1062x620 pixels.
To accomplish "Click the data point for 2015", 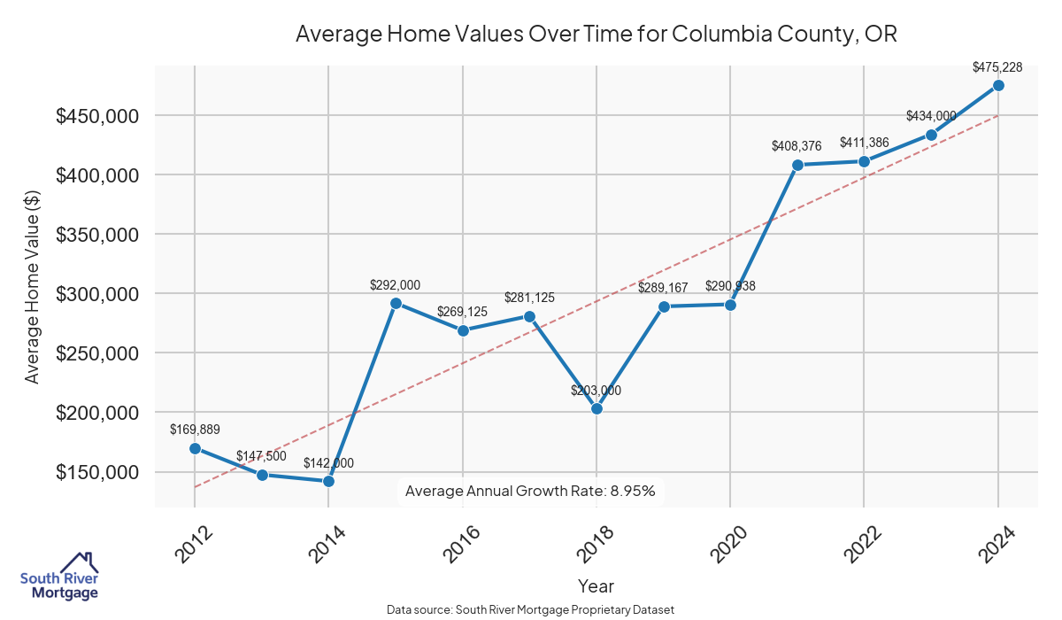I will pos(396,303).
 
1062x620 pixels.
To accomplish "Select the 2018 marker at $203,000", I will pos(596,408).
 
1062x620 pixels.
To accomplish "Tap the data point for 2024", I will pos(998,85).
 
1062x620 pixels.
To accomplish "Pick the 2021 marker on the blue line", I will pos(797,165).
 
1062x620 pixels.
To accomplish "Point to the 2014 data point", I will pos(328,481).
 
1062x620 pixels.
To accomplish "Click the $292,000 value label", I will pos(395,285).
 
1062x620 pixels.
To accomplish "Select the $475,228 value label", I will pos(997,66).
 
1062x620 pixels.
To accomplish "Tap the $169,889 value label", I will pos(195,430).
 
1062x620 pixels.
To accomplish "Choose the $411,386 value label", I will pos(864,143).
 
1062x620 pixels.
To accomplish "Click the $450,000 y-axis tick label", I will pos(97,116).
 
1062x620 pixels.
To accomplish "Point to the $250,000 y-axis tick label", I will pos(97,353).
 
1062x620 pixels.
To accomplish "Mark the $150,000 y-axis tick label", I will pos(97,472).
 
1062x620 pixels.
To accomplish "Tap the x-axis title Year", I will pos(596,585).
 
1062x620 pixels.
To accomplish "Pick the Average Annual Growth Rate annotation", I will pos(530,491).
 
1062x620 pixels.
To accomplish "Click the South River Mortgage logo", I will pos(59,577).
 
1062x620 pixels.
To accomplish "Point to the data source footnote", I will pos(531,609).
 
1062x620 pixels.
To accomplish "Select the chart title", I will pos(596,35).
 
